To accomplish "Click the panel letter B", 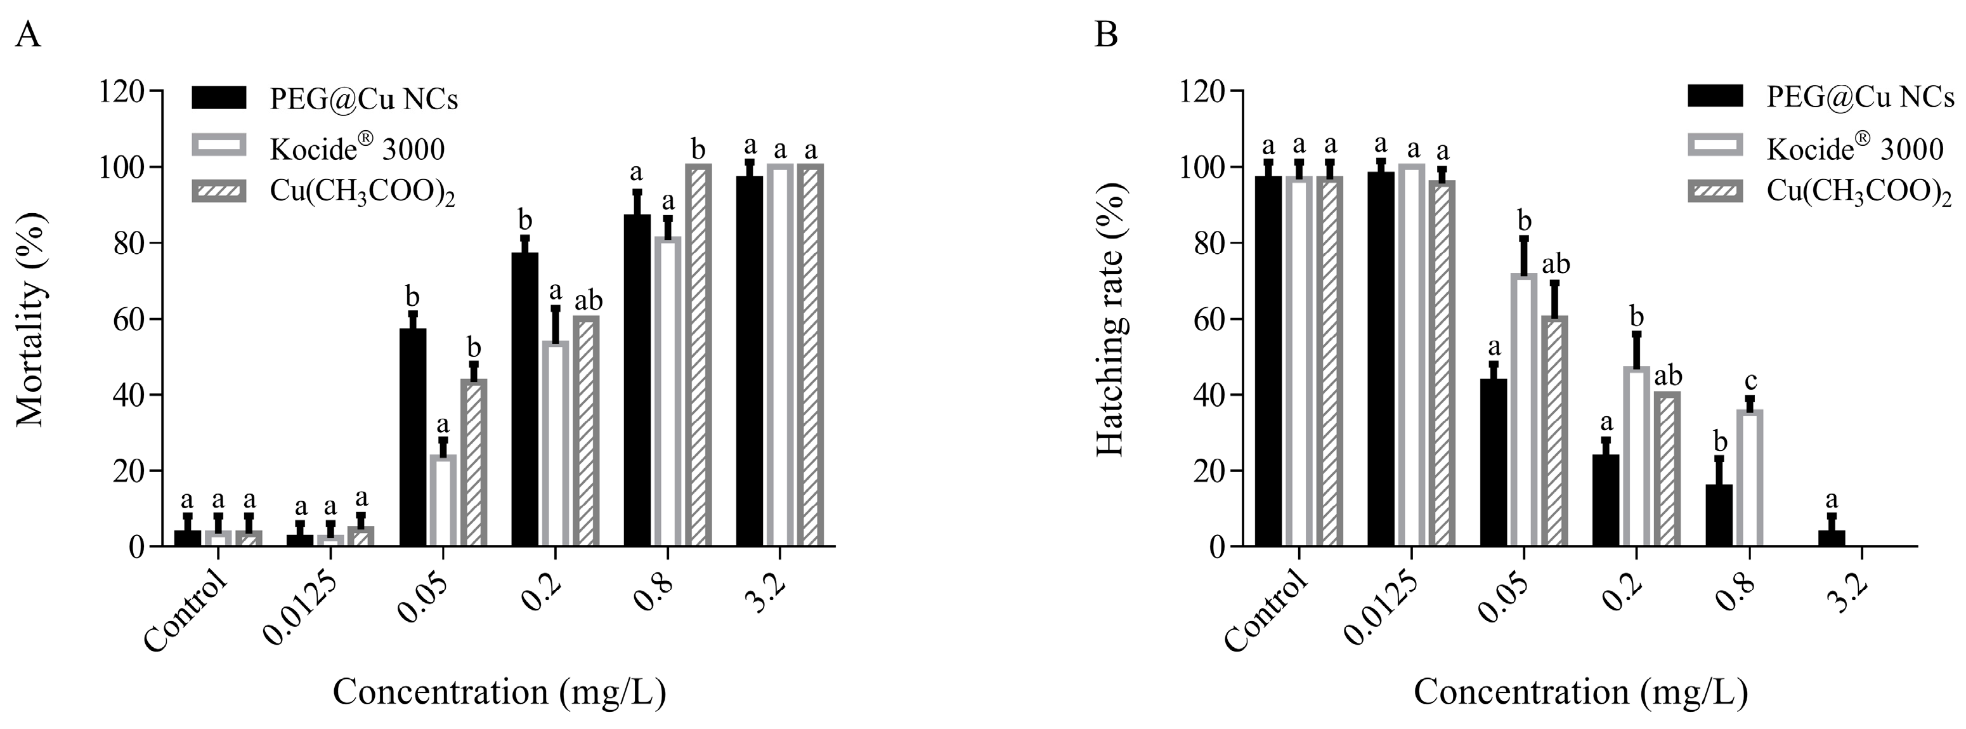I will (1106, 35).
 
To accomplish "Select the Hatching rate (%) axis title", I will (1110, 319).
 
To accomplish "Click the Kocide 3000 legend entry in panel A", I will (356, 149).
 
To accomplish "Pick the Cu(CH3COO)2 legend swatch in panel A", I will (219, 192).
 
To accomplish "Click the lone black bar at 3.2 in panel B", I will (1831, 538).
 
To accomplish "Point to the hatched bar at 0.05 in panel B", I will (1554, 431).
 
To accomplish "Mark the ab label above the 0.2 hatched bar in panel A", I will (588, 300).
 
